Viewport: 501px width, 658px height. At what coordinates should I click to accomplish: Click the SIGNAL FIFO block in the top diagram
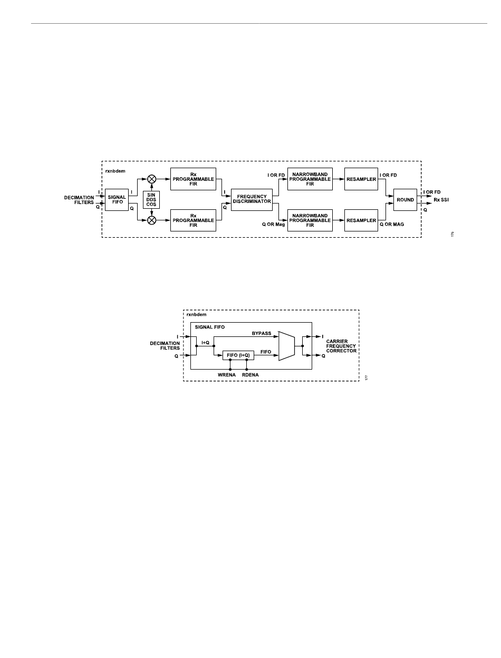pos(117,200)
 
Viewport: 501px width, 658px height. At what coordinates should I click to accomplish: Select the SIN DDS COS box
pos(151,200)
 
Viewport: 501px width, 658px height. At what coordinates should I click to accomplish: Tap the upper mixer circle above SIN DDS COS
pos(152,179)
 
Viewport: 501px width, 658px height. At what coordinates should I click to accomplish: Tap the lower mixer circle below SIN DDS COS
pos(152,220)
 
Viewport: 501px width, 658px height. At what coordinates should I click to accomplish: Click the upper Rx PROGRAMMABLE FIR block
pos(194,179)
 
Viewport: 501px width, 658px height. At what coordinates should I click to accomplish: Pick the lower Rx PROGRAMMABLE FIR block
pos(194,220)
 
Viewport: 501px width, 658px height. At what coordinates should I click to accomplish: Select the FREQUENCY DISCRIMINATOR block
pos(252,199)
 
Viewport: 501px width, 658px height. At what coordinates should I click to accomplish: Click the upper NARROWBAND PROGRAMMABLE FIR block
pos(310,179)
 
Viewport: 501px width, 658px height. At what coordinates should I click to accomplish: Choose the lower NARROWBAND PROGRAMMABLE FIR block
pos(310,220)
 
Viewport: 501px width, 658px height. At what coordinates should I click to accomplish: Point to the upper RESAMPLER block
pos(361,179)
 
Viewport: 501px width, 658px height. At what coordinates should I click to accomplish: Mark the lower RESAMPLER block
pos(361,220)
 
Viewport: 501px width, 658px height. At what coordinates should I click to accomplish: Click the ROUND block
pos(405,200)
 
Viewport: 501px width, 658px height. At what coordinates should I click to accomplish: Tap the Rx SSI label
pos(441,200)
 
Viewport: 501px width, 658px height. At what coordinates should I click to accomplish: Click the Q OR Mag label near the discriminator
pos(273,224)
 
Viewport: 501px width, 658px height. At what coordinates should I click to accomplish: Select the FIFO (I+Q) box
pos(238,355)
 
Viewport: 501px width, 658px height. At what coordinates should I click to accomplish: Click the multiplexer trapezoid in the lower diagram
pos(286,346)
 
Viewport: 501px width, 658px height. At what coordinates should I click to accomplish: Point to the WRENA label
pos(227,375)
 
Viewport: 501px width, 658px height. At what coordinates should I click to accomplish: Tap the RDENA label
pos(250,375)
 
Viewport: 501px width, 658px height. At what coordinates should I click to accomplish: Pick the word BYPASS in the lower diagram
pos(262,333)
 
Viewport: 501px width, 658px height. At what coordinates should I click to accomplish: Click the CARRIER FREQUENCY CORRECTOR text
pos(341,346)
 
